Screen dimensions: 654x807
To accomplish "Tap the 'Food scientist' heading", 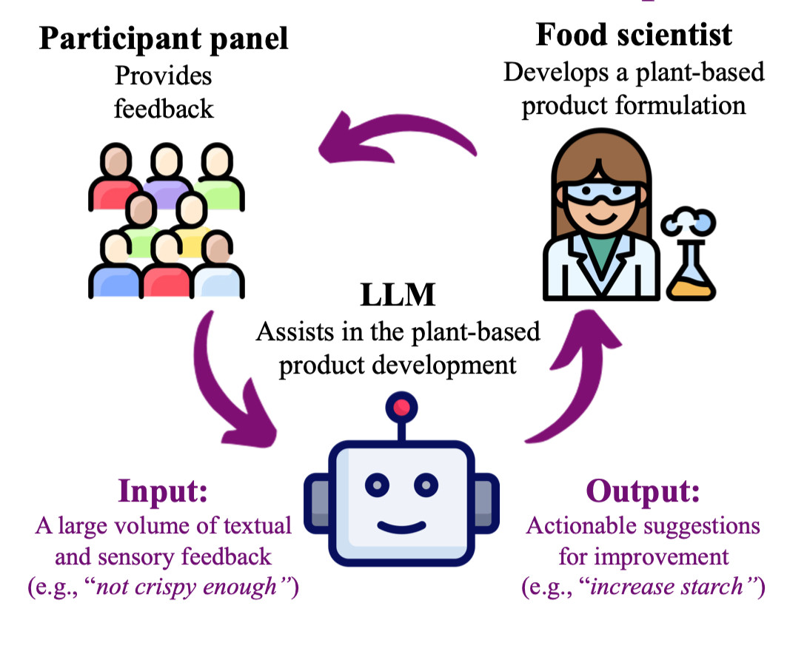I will pyautogui.click(x=634, y=35).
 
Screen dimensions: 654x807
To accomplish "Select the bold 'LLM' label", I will pyautogui.click(x=398, y=296).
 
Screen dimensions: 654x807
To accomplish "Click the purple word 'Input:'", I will pyautogui.click(x=164, y=491).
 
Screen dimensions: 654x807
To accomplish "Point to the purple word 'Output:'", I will pyautogui.click(x=643, y=491).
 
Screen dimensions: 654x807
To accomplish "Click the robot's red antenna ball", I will pyautogui.click(x=402, y=407).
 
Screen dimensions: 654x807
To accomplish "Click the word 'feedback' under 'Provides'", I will pyautogui.click(x=163, y=109).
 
